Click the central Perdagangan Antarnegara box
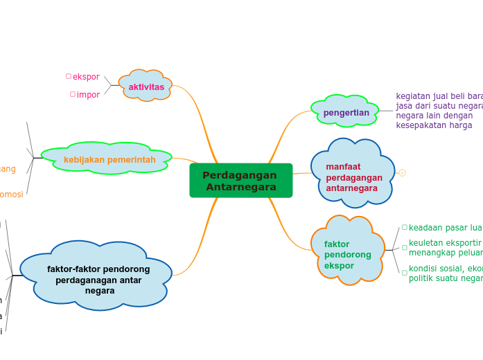pyautogui.click(x=240, y=181)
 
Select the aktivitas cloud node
pyautogui.click(x=146, y=87)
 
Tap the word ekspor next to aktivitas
pyautogui.click(x=86, y=77)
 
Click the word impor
pyautogui.click(x=88, y=95)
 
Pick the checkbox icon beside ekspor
pyautogui.click(x=69, y=76)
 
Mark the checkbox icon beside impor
pyautogui.click(x=73, y=94)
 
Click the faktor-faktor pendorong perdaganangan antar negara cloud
pyautogui.click(x=98, y=279)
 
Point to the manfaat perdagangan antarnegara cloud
pyautogui.click(x=353, y=177)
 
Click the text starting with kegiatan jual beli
pyautogui.click(x=439, y=111)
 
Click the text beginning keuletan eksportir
pyautogui.click(x=445, y=248)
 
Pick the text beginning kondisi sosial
pyautogui.click(x=445, y=273)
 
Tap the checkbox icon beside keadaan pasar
pyautogui.click(x=405, y=227)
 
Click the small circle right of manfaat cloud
pyautogui.click(x=402, y=173)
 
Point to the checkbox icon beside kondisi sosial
pyautogui.click(x=405, y=273)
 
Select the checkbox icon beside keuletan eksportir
pyautogui.click(x=405, y=247)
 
